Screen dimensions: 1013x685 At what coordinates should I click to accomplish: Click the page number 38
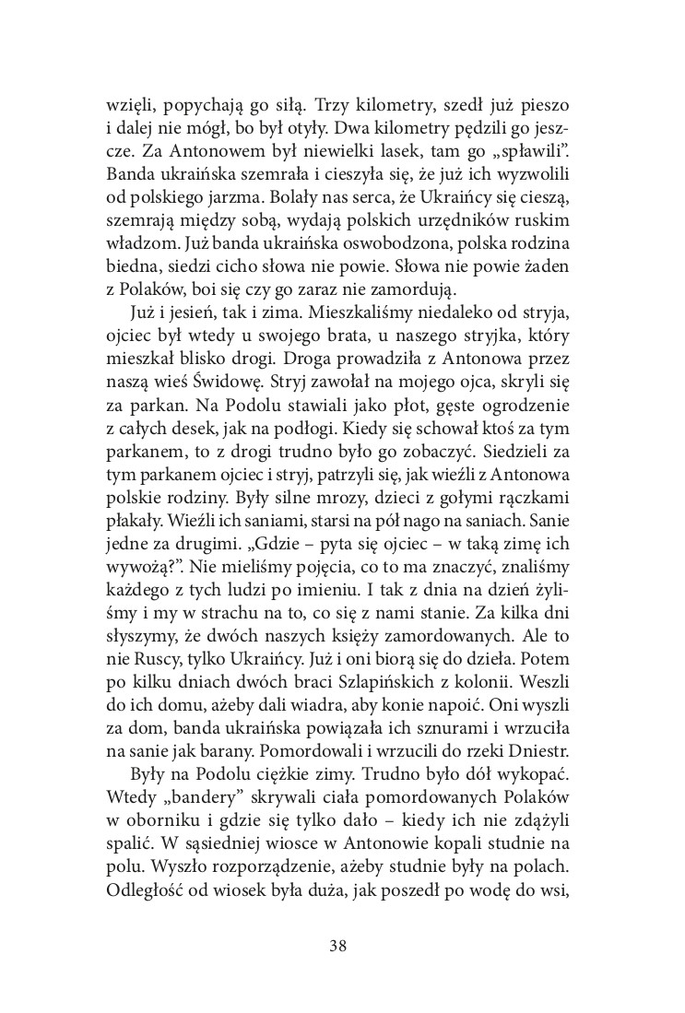[342, 945]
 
